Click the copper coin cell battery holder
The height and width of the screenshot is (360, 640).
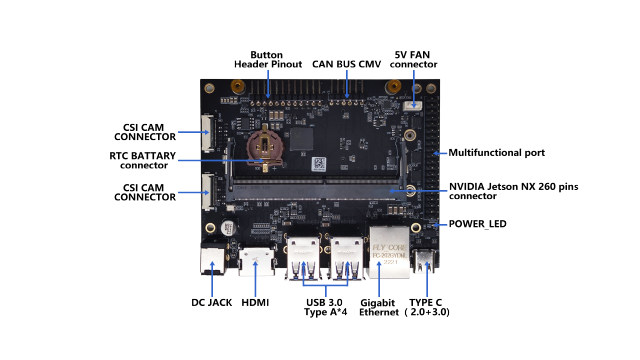click(x=265, y=146)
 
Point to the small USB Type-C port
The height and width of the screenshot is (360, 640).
click(x=426, y=262)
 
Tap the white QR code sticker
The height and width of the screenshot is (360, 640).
click(x=319, y=162)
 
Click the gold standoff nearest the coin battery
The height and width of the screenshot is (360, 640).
click(x=238, y=87)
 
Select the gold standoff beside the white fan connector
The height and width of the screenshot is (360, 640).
click(x=394, y=87)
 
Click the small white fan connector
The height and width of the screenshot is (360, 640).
click(x=413, y=105)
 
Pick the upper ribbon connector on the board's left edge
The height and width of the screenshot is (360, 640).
click(x=207, y=132)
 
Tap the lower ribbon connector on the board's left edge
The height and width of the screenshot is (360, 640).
click(x=207, y=191)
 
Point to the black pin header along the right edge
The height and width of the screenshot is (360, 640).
click(x=431, y=160)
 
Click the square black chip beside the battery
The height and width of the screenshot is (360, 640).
click(x=301, y=139)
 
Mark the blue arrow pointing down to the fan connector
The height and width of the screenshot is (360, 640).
click(x=413, y=86)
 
